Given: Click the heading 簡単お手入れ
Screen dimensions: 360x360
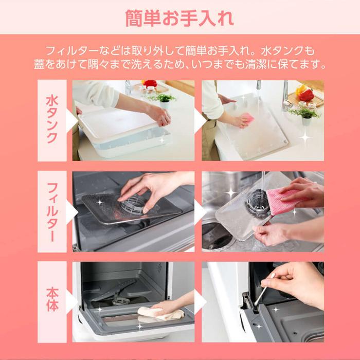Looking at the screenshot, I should [179, 17].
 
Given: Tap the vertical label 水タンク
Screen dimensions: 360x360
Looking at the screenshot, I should [52, 120].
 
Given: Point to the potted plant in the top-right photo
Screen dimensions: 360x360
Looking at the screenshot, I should [304, 114].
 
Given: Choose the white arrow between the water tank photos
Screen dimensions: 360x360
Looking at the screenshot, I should [198, 120].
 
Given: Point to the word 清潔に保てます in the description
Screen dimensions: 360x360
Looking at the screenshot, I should [288, 65].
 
